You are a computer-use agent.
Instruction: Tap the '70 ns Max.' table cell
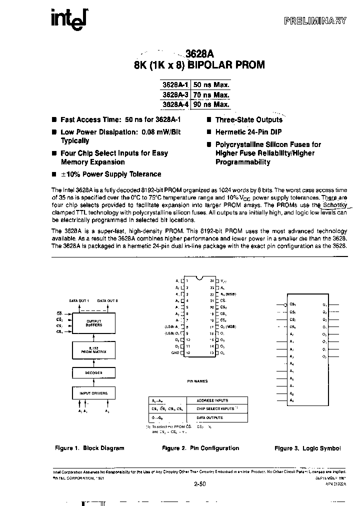pyautogui.click(x=211, y=94)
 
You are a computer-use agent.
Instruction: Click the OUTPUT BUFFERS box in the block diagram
pyautogui.click(x=94, y=323)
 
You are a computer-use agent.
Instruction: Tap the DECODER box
pyautogui.click(x=94, y=372)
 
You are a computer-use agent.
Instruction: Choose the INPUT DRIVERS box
pyautogui.click(x=94, y=394)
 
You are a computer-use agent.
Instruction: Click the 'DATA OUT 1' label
pyautogui.click(x=79, y=300)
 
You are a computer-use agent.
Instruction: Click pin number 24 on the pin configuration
pyautogui.click(x=211, y=280)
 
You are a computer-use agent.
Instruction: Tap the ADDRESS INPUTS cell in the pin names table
pyautogui.click(x=212, y=400)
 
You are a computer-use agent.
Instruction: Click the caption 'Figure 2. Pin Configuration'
pyautogui.click(x=200, y=448)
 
